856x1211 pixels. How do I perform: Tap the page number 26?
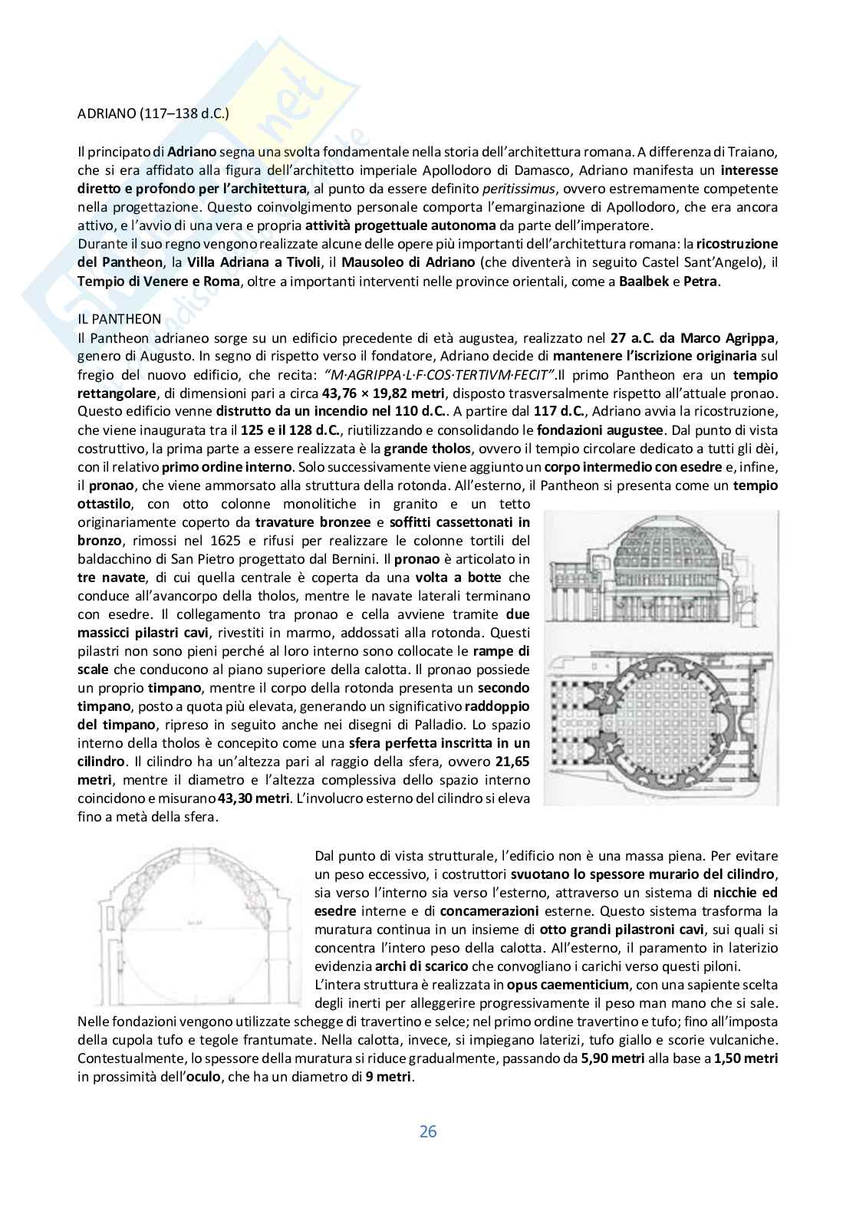click(x=427, y=1131)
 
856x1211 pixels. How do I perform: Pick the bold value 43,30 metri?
click(x=255, y=799)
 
